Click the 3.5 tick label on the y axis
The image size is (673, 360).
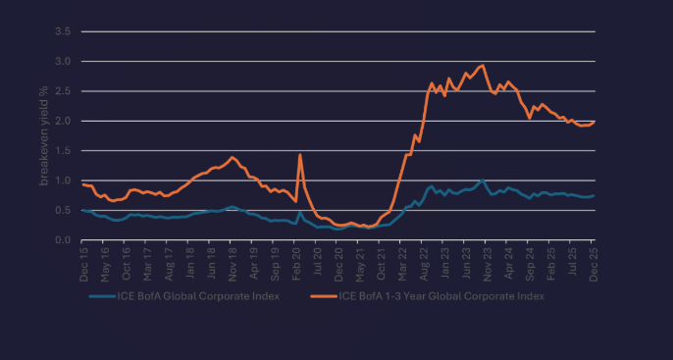(x=64, y=31)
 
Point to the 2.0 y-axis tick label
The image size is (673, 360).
(x=64, y=121)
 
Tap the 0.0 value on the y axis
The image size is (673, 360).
(x=64, y=240)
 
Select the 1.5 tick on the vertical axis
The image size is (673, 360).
(x=64, y=151)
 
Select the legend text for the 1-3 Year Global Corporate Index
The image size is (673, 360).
(x=440, y=294)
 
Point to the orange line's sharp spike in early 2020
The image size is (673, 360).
(x=299, y=155)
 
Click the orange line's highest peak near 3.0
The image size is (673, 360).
(x=484, y=66)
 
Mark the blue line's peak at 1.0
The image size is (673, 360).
(x=483, y=180)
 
